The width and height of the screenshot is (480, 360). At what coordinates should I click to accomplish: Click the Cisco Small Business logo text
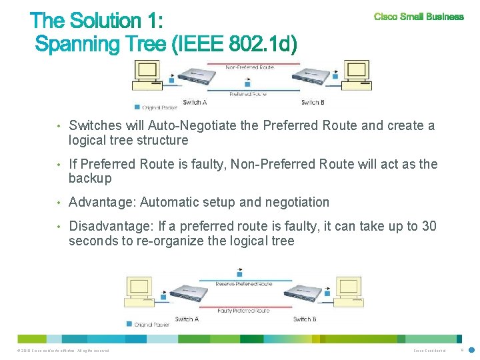(x=419, y=17)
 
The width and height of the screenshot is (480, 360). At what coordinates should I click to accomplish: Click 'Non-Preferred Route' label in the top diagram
(x=250, y=67)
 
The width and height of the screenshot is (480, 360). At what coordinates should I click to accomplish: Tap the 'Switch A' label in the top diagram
(x=194, y=102)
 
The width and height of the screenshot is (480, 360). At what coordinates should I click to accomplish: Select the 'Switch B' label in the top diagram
(x=313, y=102)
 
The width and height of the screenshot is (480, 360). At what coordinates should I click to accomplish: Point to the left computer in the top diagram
(x=147, y=74)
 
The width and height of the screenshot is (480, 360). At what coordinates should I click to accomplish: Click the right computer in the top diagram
(x=355, y=74)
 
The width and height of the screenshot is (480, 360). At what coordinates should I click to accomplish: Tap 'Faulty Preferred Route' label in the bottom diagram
(x=243, y=311)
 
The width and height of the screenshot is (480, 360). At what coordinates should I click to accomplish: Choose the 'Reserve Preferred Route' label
(x=244, y=284)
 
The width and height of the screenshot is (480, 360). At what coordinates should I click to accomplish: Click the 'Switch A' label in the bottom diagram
(x=187, y=319)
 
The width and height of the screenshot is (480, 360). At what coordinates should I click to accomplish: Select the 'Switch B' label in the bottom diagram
(x=305, y=319)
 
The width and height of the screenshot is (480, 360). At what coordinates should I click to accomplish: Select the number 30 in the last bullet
(x=429, y=227)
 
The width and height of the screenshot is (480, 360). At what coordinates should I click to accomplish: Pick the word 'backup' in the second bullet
(x=90, y=178)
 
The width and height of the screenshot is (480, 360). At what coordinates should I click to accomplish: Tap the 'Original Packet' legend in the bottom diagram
(x=151, y=325)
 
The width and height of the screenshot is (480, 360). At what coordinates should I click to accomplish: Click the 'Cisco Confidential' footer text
(x=428, y=351)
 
